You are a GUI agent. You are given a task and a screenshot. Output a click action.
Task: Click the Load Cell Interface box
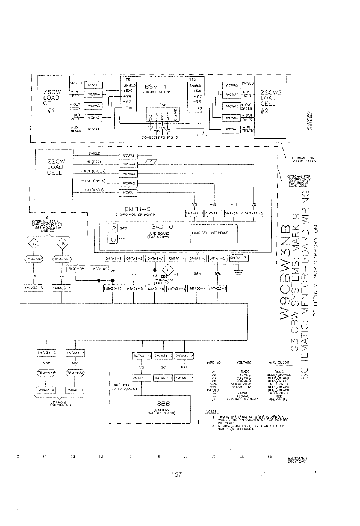tap(214, 232)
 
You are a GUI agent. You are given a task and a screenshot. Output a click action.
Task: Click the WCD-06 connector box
tap(76, 269)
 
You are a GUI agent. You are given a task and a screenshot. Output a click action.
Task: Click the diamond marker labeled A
tap(33, 243)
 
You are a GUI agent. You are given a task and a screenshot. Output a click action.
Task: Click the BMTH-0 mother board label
tap(133, 209)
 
